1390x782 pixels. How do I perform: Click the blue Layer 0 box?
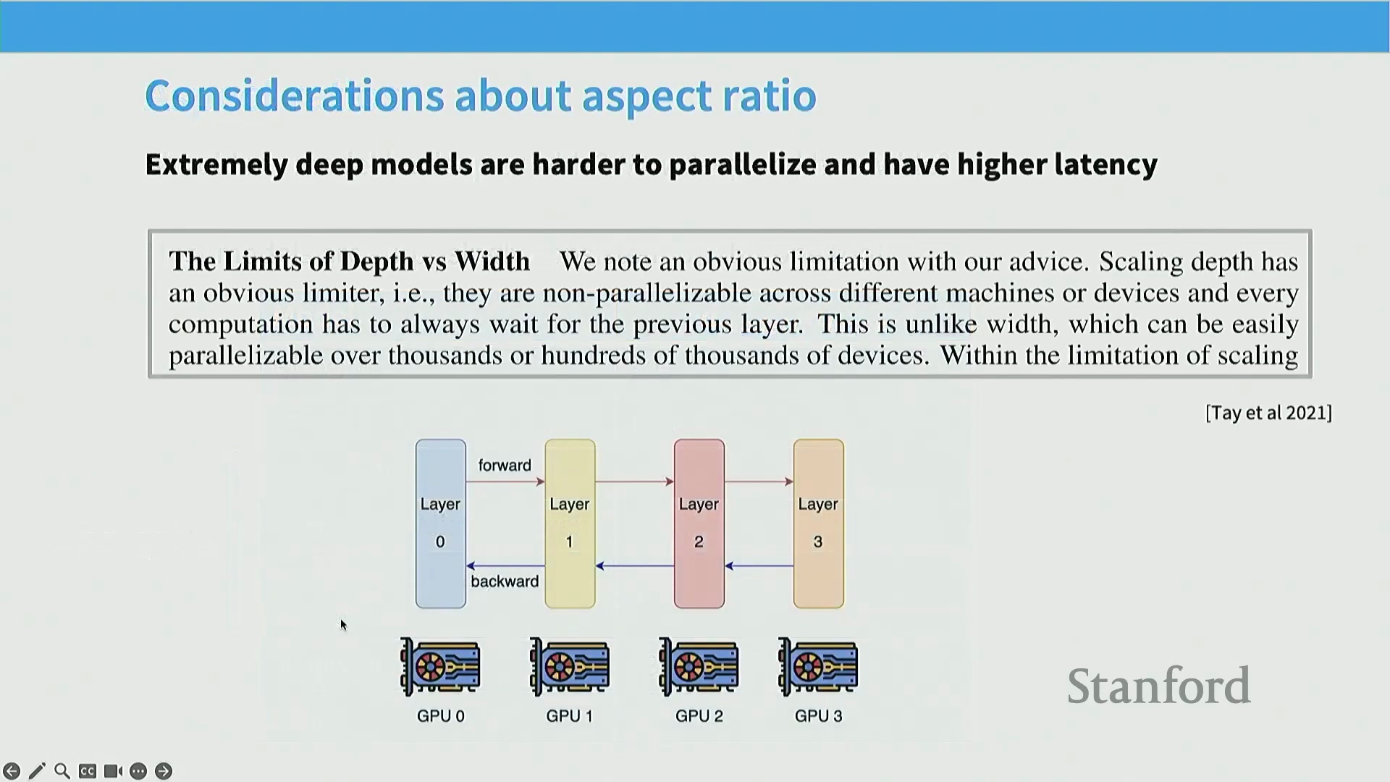coord(440,524)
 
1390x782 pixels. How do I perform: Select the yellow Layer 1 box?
coord(570,524)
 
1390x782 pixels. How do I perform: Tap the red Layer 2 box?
coord(699,524)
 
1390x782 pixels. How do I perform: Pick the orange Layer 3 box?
coord(818,524)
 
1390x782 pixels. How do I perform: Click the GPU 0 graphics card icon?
coord(440,667)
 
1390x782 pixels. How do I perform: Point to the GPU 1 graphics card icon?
coord(570,667)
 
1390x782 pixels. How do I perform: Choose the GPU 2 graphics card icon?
coord(699,667)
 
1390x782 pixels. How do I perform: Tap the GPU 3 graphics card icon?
coord(818,667)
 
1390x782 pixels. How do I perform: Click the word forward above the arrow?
coord(505,466)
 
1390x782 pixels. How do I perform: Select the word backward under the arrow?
coord(505,581)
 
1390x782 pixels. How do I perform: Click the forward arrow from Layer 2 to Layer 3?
coord(759,482)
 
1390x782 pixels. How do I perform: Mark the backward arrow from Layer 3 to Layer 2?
coord(759,566)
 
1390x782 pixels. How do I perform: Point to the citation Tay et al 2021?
coord(1268,413)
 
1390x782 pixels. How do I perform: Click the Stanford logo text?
coord(1159,686)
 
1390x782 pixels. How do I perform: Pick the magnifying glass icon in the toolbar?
coord(62,771)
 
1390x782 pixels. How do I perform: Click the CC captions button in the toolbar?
coord(88,771)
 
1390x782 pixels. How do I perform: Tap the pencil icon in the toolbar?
coord(37,771)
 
